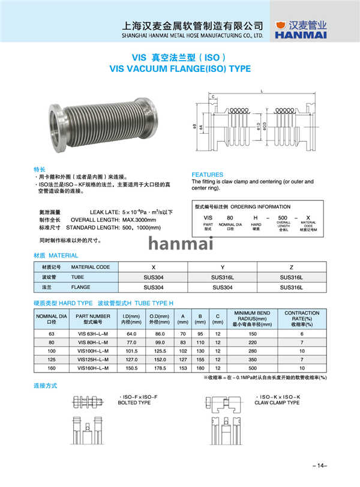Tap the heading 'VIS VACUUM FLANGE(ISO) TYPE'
tap(180, 69)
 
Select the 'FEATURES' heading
tap(207, 175)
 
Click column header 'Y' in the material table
tap(223, 266)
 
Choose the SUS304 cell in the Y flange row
tap(223, 287)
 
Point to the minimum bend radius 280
tap(253, 350)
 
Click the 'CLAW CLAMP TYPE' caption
tap(277, 402)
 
